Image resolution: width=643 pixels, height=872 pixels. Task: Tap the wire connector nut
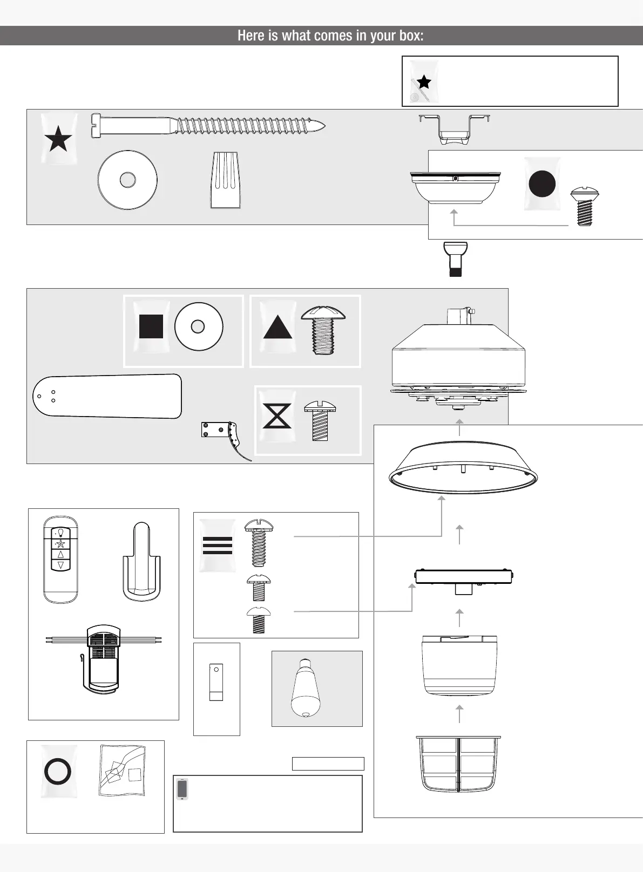[225, 180]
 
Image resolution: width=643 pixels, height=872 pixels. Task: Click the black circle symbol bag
[542, 183]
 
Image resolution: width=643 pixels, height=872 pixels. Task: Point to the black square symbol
[151, 327]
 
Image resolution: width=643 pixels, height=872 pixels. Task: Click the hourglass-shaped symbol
[277, 415]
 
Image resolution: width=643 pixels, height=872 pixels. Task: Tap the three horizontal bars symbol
[218, 546]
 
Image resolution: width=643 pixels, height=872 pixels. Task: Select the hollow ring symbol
[58, 771]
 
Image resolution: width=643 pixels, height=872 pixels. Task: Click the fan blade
[107, 396]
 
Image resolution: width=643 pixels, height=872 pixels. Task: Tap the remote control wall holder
[140, 562]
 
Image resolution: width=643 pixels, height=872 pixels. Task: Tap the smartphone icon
[182, 789]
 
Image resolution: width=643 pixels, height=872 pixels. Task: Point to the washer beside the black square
[198, 327]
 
